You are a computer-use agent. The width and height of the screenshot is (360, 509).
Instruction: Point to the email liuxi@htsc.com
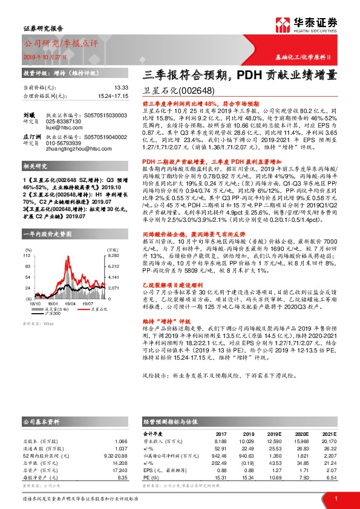click(x=63, y=129)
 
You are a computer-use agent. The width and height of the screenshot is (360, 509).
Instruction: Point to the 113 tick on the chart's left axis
click(x=27, y=273)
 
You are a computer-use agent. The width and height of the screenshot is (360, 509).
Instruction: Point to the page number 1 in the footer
click(x=335, y=498)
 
